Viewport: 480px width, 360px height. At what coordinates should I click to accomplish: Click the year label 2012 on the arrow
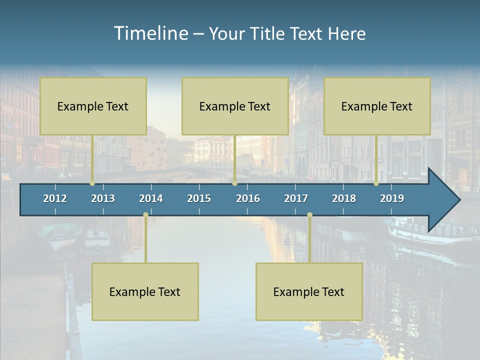pos(55,198)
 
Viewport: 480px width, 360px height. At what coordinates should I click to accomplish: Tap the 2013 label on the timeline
pos(103,198)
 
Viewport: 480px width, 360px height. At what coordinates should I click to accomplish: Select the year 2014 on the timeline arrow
pos(151,198)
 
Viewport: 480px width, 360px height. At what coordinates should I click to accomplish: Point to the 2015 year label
pos(199,198)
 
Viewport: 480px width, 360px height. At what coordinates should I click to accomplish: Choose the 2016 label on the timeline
pos(248,198)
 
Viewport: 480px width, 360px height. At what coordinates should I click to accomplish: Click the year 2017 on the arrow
pos(296,198)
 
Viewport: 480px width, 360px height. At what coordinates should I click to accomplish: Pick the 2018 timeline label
pos(344,198)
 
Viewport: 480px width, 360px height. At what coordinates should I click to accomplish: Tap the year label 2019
pos(392,198)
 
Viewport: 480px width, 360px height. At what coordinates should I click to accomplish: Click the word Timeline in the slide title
pos(150,33)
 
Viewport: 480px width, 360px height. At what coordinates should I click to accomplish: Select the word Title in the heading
pos(268,34)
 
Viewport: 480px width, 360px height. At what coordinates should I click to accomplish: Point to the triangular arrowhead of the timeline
pos(444,200)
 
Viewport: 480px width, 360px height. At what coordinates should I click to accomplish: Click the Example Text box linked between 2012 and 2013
pos(93,106)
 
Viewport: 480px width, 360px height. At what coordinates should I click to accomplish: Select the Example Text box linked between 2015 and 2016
pos(235,106)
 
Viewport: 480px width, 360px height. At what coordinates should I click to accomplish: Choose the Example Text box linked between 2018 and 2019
pos(377,106)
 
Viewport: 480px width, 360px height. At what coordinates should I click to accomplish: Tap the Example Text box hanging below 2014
pos(145,291)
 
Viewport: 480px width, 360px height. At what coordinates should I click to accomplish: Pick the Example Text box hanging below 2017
pos(309,291)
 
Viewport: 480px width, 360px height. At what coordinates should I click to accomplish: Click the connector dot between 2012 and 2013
pos(92,183)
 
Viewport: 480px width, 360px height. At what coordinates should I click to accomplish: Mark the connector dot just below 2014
pos(145,215)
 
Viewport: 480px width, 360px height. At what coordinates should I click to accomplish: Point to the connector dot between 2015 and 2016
pos(234,183)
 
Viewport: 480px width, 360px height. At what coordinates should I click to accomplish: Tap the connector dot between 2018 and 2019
pos(376,183)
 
